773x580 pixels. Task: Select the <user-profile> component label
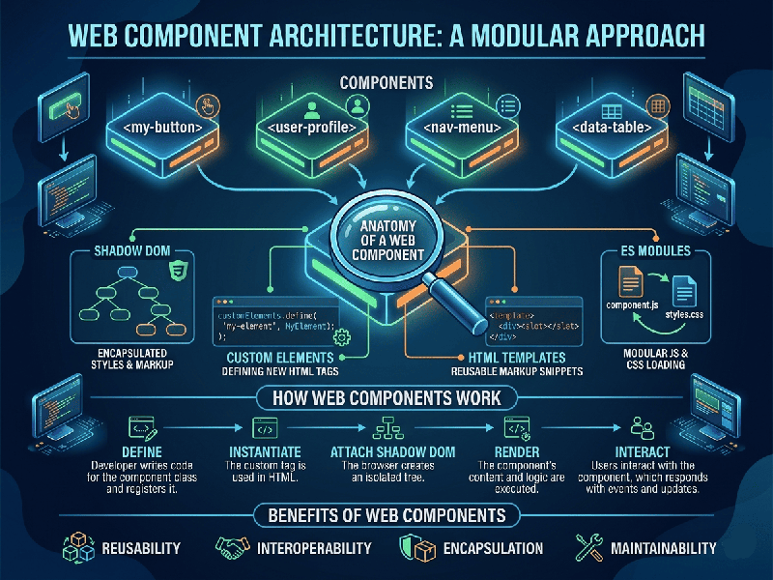306,126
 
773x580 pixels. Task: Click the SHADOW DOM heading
132,253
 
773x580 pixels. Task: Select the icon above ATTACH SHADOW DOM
391,426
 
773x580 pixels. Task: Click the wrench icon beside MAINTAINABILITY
588,547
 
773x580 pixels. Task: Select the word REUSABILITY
141,548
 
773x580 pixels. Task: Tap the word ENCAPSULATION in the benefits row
494,548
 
